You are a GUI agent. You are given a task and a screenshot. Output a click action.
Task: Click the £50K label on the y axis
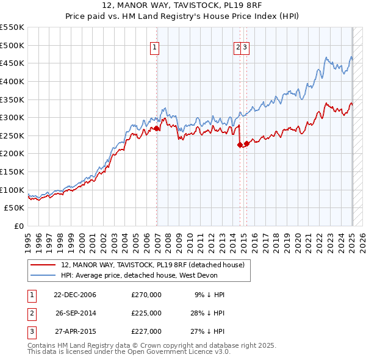14,208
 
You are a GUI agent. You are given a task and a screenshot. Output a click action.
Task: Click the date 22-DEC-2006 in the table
75,295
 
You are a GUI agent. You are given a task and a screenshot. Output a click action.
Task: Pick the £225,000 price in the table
146,313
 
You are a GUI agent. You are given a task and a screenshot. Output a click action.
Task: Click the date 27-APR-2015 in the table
75,331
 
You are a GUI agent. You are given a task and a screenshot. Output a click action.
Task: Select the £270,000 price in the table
146,295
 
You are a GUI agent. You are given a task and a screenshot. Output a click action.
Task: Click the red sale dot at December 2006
157,129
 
